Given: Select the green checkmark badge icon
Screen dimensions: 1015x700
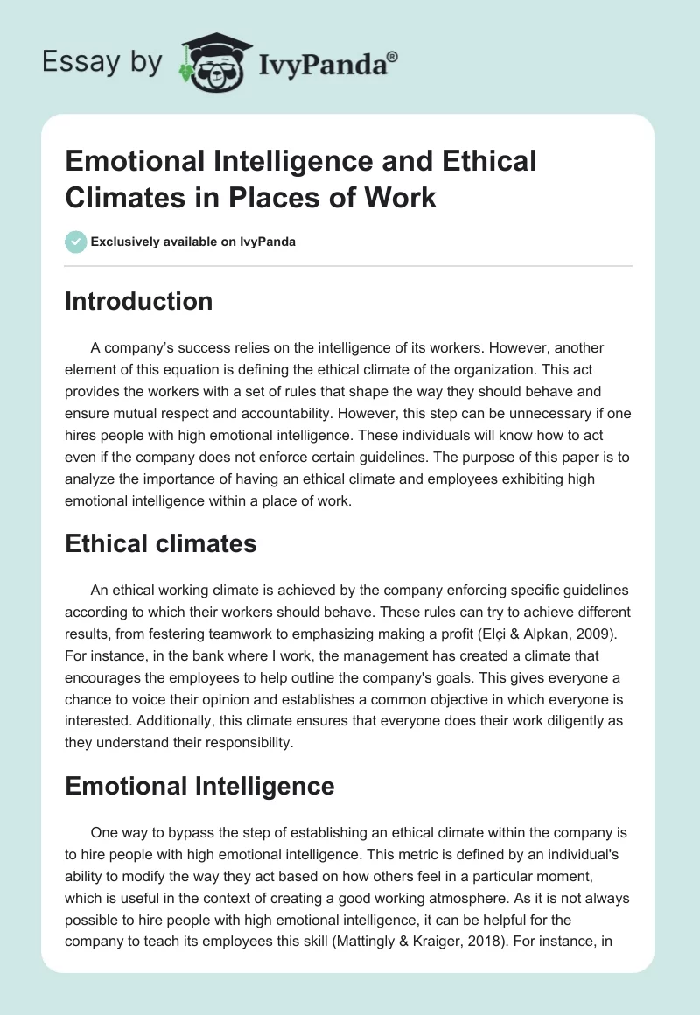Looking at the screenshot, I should click(76, 241).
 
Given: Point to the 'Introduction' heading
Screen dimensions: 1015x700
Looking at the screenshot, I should click(138, 301).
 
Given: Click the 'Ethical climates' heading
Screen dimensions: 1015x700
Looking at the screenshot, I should click(160, 543).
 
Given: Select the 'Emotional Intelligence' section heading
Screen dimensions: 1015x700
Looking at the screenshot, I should click(199, 786).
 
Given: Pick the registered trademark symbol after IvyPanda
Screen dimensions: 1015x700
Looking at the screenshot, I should click(393, 57).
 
